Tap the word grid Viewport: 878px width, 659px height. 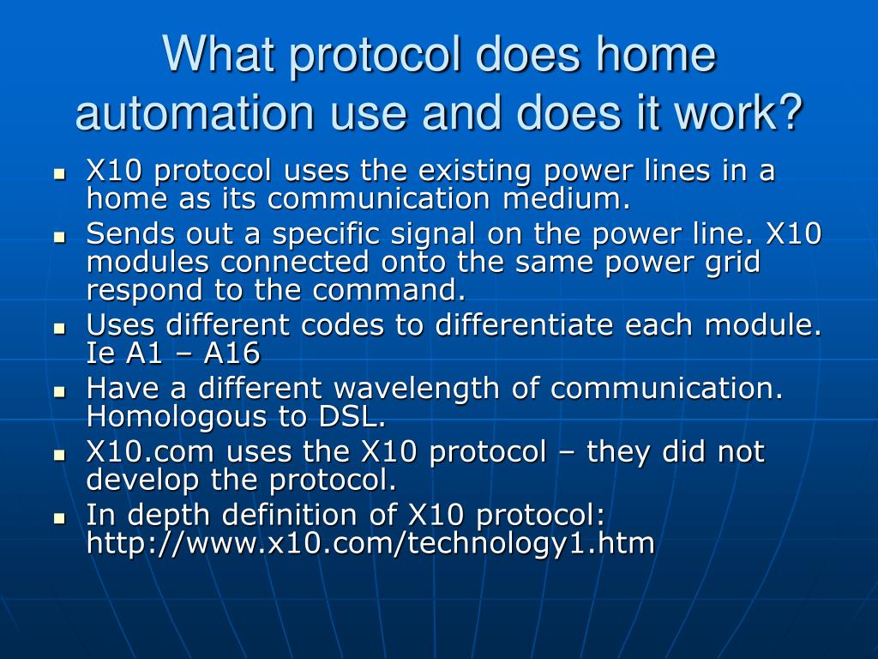click(x=733, y=262)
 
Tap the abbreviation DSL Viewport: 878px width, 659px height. click(x=355, y=417)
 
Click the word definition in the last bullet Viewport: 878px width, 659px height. click(x=314, y=515)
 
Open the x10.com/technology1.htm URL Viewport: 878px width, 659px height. click(x=370, y=543)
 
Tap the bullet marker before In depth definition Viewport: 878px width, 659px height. click(x=60, y=517)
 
